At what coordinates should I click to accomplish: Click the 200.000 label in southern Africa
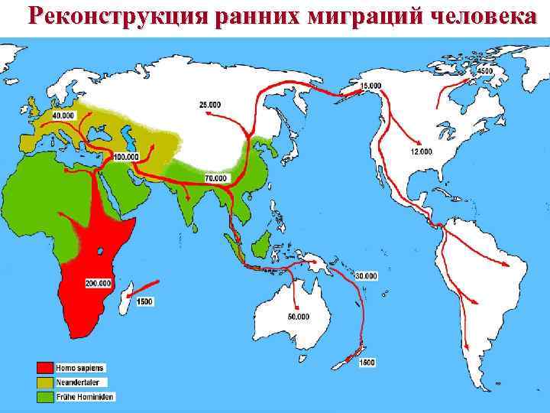coord(99,283)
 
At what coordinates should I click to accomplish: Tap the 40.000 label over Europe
coord(63,114)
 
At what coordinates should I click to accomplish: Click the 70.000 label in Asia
coord(215,178)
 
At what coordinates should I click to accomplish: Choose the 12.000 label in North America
coord(421,152)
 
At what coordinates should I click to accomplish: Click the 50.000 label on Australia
coord(298,316)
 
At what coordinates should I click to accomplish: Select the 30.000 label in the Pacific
coord(366,275)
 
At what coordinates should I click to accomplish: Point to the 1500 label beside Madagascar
coord(144,302)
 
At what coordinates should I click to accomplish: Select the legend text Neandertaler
coord(82,382)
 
